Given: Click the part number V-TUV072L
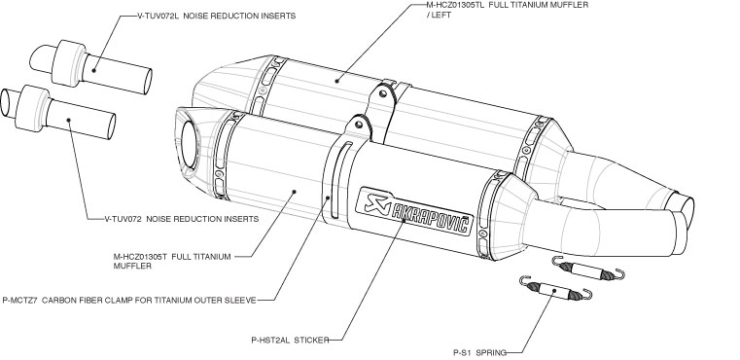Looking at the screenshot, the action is pyautogui.click(x=158, y=16).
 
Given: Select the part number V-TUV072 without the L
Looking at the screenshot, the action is pyautogui.click(x=123, y=219).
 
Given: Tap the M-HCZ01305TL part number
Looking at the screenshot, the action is pyautogui.click(x=455, y=5).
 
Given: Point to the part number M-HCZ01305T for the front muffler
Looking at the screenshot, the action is pyautogui.click(x=141, y=257).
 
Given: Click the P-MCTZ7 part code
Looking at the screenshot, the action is pyautogui.click(x=19, y=300).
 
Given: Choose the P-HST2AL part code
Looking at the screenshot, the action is pyautogui.click(x=270, y=340).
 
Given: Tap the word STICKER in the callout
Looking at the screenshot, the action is pyautogui.click(x=311, y=340).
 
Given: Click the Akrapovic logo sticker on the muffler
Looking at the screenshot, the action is pyautogui.click(x=416, y=211).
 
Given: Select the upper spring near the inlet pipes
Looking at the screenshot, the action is pyautogui.click(x=588, y=269).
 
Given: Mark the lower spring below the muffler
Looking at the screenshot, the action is pyautogui.click(x=555, y=288).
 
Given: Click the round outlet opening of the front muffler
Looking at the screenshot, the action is pyautogui.click(x=189, y=145).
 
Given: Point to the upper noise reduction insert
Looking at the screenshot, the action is pyautogui.click(x=91, y=66).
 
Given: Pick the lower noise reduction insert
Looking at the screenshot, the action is pyautogui.click(x=57, y=112).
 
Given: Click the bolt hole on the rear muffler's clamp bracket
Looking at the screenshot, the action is pyautogui.click(x=383, y=93).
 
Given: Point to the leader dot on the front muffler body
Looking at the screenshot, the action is pyautogui.click(x=294, y=192).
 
